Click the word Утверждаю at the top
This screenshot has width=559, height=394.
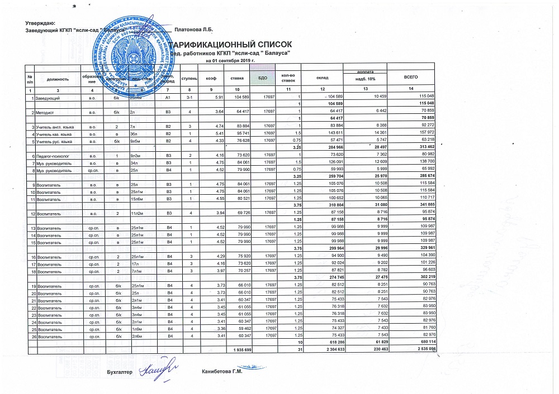[x=40, y=22]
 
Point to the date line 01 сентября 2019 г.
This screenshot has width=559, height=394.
[x=230, y=60]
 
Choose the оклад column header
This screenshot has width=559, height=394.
[x=322, y=79]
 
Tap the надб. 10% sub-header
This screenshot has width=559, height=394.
[x=365, y=81]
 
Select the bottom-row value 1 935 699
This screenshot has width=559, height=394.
[x=241, y=349]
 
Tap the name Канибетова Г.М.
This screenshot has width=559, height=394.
[x=221, y=372]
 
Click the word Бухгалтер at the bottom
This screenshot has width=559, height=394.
[x=119, y=372]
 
